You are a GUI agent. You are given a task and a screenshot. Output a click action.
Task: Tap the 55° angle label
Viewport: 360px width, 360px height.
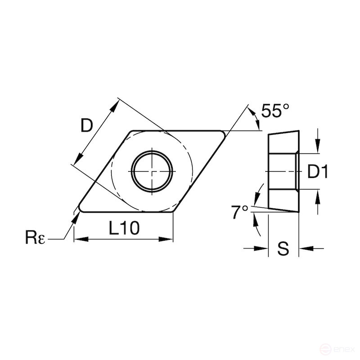click(274, 110)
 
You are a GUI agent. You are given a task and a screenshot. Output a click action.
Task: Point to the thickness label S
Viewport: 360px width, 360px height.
click(283, 249)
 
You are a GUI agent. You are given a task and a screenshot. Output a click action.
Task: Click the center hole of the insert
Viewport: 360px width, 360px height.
click(152, 171)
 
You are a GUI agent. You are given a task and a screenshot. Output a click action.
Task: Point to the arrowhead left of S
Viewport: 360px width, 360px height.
click(263, 248)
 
